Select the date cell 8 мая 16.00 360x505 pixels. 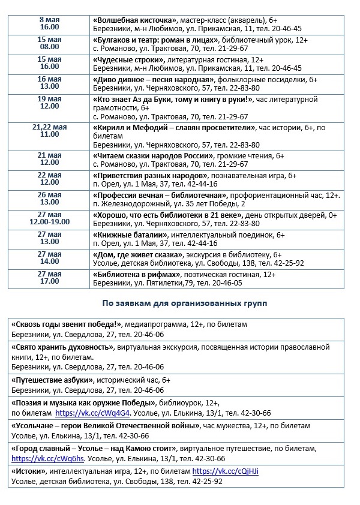click(50, 23)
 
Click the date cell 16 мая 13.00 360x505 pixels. click(50, 83)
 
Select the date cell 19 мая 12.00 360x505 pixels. click(50, 103)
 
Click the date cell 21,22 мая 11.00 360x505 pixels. click(50, 131)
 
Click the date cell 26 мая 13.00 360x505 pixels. click(50, 199)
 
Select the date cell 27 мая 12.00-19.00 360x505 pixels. click(50, 218)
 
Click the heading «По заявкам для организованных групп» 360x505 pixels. click(185, 303)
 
